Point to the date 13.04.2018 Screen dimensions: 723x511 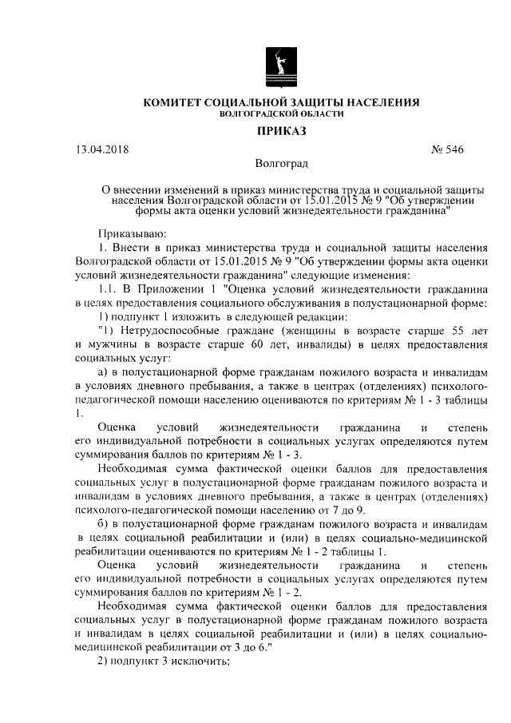[x=102, y=149]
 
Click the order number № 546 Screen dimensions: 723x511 [x=447, y=149]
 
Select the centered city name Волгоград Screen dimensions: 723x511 [x=282, y=165]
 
